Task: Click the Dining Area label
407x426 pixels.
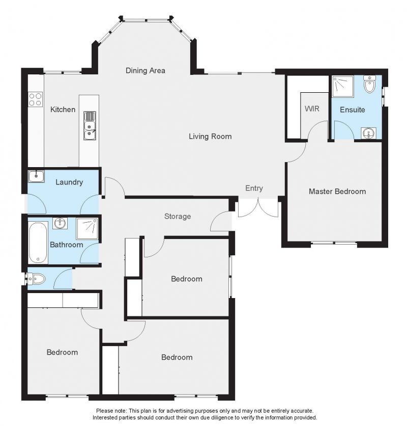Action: (145, 71)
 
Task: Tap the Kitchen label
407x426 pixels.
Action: (63, 110)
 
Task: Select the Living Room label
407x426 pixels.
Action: (210, 137)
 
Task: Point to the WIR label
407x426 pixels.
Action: (312, 109)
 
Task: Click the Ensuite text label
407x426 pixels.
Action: (352, 110)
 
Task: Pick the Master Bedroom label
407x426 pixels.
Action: (337, 192)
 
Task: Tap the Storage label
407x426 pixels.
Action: (178, 216)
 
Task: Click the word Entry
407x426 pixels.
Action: (254, 188)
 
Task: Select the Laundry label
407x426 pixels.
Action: (69, 182)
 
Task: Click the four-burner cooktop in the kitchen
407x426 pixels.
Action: (36, 99)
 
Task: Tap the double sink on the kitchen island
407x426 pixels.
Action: (90, 126)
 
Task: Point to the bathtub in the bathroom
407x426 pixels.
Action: (38, 243)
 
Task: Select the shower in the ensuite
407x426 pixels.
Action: (343, 87)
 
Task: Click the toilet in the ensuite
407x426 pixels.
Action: (369, 84)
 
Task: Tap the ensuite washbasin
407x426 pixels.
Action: (368, 133)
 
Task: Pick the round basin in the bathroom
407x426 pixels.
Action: (60, 223)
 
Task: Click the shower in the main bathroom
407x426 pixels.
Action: (87, 229)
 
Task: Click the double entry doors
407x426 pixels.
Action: (258, 208)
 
